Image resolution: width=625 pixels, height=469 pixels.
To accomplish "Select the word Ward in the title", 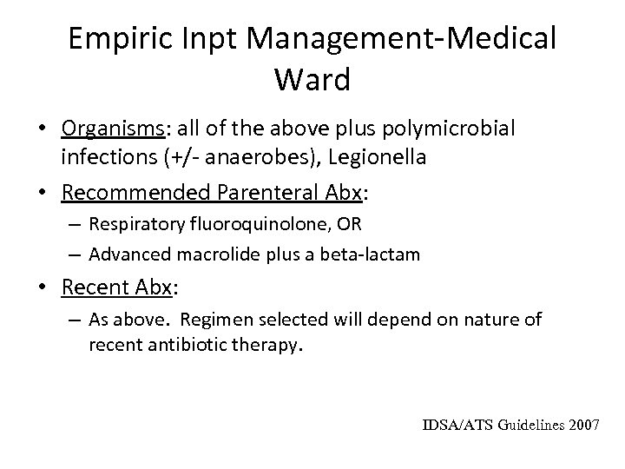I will [312, 80].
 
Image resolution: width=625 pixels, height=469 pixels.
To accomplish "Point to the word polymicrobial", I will [444, 129].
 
